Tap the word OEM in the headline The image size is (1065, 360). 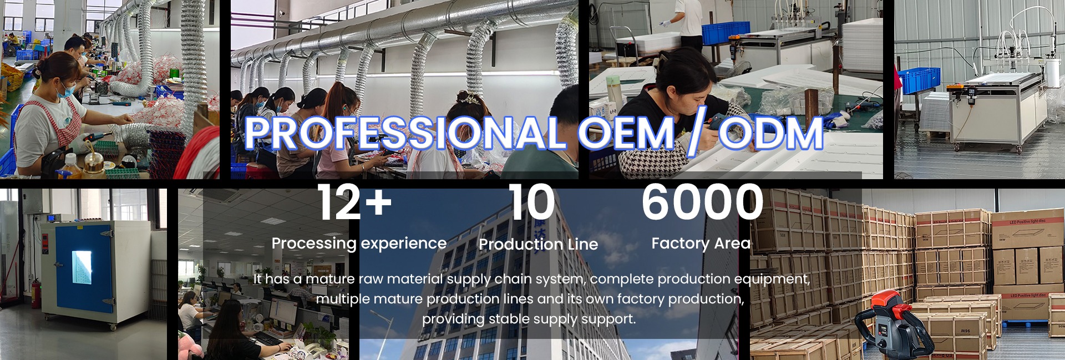pyautogui.click(x=626, y=133)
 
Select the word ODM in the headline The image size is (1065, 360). pyautogui.click(x=770, y=133)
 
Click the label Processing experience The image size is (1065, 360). pyautogui.click(x=359, y=244)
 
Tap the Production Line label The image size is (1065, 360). pyautogui.click(x=538, y=244)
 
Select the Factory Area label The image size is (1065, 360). pyautogui.click(x=701, y=244)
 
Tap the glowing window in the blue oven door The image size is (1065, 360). pyautogui.click(x=82, y=266)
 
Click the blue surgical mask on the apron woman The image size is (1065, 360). pyautogui.click(x=65, y=91)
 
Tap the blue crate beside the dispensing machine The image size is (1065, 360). pyautogui.click(x=919, y=81)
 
